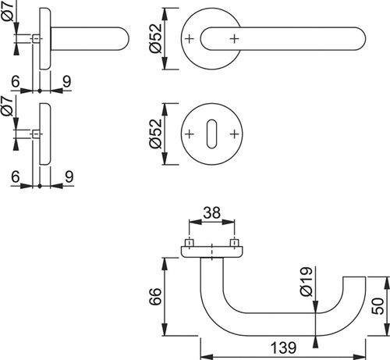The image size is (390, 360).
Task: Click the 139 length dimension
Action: [x=283, y=348]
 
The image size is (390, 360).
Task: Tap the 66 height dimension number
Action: [x=155, y=297]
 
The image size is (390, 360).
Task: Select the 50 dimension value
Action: [x=378, y=306]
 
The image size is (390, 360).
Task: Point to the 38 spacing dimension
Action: [x=212, y=212]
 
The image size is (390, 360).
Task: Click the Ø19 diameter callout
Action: [x=306, y=282]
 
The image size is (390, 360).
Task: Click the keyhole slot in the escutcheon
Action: [x=211, y=134]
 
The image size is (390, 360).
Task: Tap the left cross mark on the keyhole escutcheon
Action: [x=190, y=134]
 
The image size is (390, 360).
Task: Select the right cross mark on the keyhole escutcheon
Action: [x=235, y=134]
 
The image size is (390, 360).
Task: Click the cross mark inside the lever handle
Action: [x=235, y=39]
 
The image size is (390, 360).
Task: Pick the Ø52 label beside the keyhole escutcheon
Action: [x=156, y=134]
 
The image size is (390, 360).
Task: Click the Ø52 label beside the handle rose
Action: [x=156, y=38]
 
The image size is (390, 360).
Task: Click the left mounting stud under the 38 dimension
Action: [x=190, y=243]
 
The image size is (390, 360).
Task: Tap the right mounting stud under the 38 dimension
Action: [x=235, y=243]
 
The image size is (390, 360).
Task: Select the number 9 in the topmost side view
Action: [x=67, y=82]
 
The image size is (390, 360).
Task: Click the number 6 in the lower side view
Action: [x=16, y=176]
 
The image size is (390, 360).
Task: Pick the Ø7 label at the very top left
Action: [x=7, y=11]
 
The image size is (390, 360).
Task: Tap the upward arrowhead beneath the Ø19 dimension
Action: [x=316, y=341]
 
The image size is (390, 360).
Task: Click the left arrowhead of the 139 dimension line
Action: [x=207, y=357]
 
